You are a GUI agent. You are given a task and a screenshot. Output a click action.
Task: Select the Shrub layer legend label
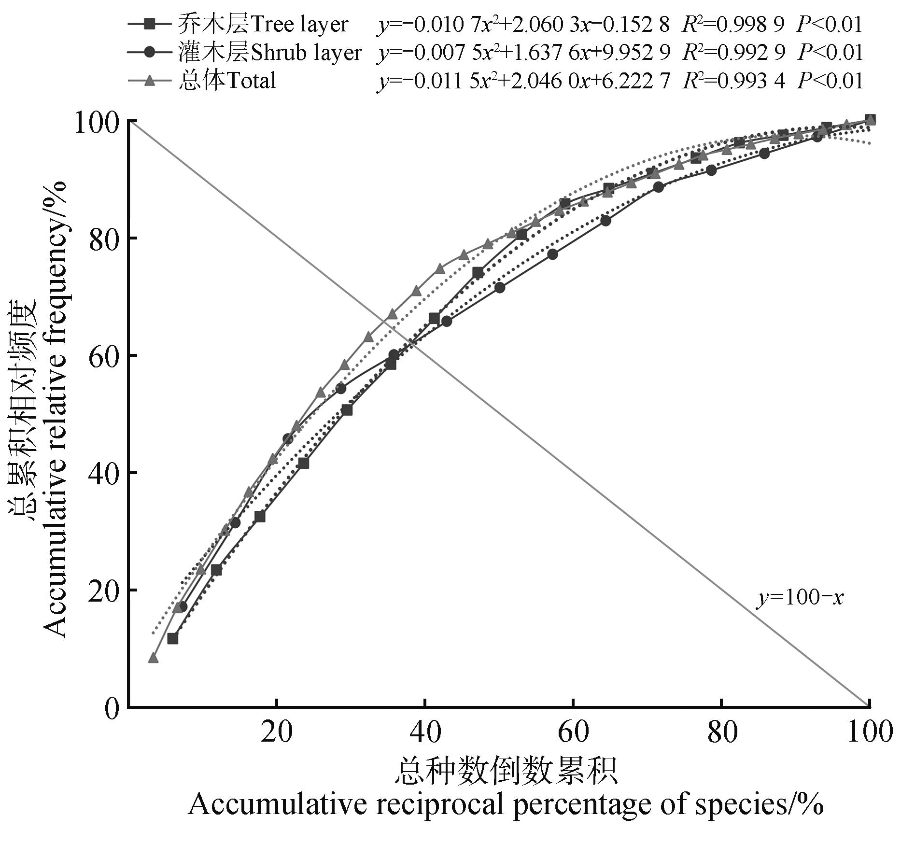coord(269,52)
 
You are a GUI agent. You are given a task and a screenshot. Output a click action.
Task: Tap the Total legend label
coord(227,80)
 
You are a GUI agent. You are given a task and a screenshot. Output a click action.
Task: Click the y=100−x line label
coord(800,598)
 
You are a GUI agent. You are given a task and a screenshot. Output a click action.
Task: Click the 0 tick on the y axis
coord(112,708)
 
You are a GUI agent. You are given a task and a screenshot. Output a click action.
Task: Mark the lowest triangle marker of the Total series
coord(153,658)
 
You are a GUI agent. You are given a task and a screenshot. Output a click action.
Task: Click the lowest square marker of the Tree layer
coord(172,638)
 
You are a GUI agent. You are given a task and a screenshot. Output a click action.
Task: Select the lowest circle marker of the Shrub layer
coord(182,606)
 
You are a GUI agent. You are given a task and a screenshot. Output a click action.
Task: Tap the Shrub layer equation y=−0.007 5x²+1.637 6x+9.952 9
coord(523,52)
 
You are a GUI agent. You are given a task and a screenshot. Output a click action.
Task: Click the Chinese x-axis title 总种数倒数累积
coord(506,772)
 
